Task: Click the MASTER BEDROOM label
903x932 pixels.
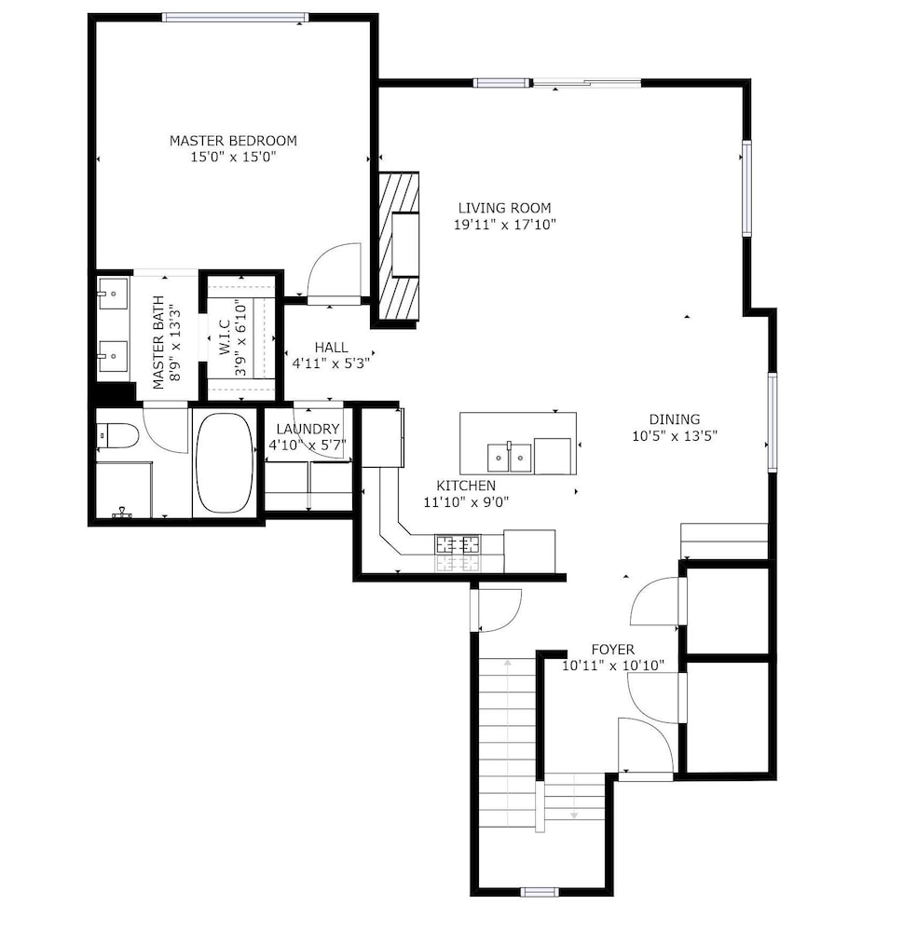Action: pyautogui.click(x=233, y=141)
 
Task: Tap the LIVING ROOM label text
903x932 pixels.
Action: pyautogui.click(x=504, y=208)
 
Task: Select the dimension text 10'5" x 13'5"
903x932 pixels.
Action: pyautogui.click(x=674, y=435)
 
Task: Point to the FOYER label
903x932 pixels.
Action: pyautogui.click(x=612, y=649)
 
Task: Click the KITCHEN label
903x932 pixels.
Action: pyautogui.click(x=466, y=486)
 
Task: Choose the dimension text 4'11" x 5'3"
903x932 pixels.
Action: pyautogui.click(x=331, y=363)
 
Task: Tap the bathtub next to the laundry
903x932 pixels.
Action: pyautogui.click(x=225, y=463)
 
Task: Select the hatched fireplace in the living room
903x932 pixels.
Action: pyautogui.click(x=399, y=247)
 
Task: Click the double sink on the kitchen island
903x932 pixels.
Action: pyautogui.click(x=510, y=458)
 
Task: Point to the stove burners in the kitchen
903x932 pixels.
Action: pyautogui.click(x=458, y=544)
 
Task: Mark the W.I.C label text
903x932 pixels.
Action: pyautogui.click(x=225, y=337)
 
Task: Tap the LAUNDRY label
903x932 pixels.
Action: pyautogui.click(x=308, y=429)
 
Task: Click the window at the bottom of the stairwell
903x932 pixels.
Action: pyautogui.click(x=540, y=892)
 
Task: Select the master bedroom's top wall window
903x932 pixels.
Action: pyautogui.click(x=236, y=17)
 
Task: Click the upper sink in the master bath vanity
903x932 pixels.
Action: pyautogui.click(x=113, y=294)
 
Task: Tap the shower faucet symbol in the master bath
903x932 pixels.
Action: pyautogui.click(x=122, y=513)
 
